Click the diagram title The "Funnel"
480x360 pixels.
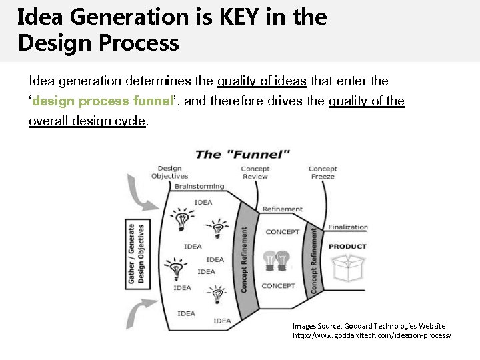pyautogui.click(x=242, y=155)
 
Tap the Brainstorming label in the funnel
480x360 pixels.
pyautogui.click(x=199, y=187)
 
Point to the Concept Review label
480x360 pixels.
pyautogui.click(x=255, y=173)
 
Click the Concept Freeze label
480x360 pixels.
pyautogui.click(x=323, y=173)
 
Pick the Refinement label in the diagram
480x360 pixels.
pyautogui.click(x=283, y=209)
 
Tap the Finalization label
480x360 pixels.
pyautogui.click(x=347, y=227)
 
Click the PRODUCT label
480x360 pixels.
pyautogui.click(x=347, y=247)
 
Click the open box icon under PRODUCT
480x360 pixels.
pyautogui.click(x=348, y=269)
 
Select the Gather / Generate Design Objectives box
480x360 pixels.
pyautogui.click(x=136, y=254)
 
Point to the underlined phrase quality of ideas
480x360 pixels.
pyautogui.click(x=262, y=81)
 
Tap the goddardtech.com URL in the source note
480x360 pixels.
pyautogui.click(x=372, y=335)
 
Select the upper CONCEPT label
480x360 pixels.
pyautogui.click(x=282, y=232)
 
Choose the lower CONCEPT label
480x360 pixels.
pyautogui.click(x=278, y=286)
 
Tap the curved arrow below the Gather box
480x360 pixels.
pyautogui.click(x=145, y=313)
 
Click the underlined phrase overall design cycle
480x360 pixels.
pyautogui.click(x=87, y=122)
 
